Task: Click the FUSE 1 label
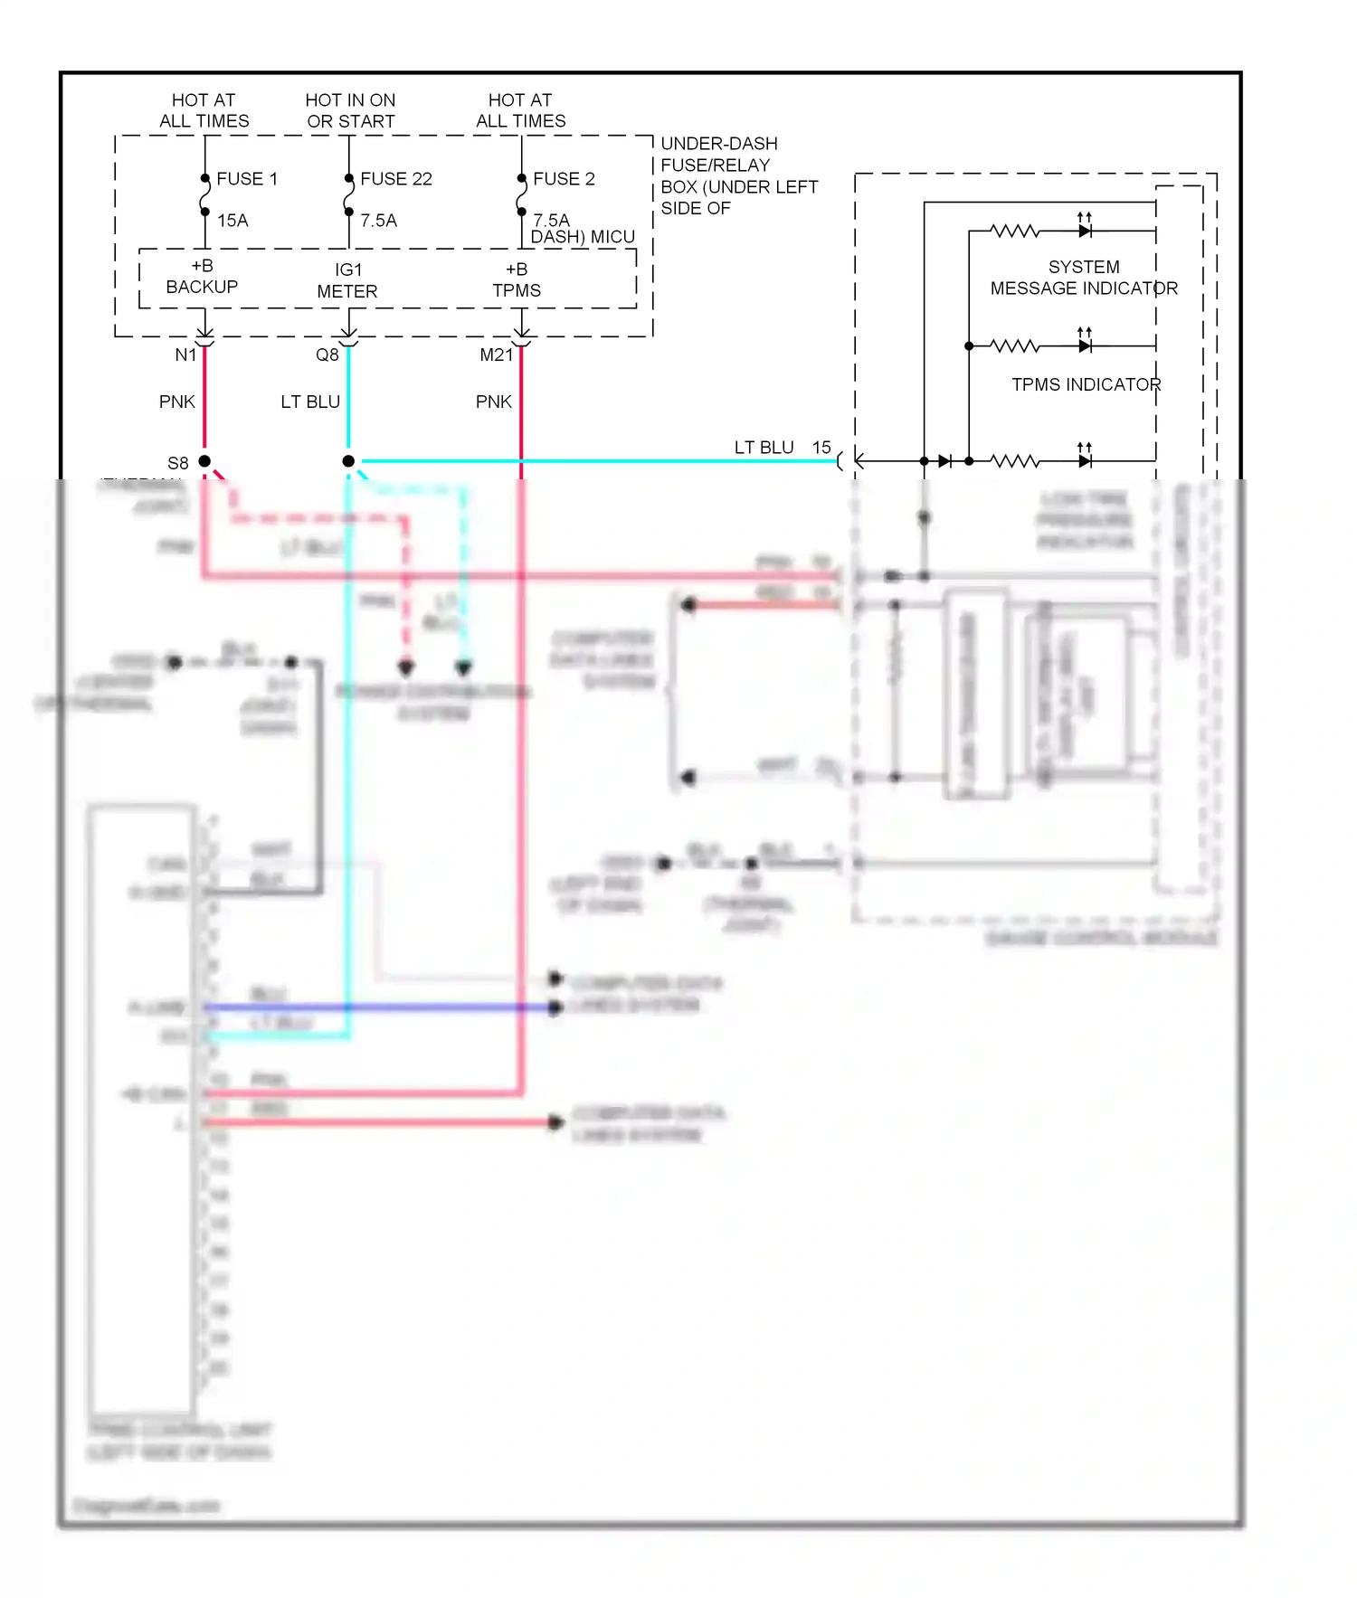246,179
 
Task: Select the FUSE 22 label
395,179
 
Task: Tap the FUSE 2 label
564,179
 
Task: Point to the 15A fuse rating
232,221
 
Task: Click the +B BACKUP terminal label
202,277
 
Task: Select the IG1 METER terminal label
347,280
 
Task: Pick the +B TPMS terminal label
517,279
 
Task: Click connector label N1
185,355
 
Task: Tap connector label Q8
327,355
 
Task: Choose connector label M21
496,355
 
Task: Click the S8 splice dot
204,461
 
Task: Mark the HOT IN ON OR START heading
350,110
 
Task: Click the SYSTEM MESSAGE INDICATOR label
1084,278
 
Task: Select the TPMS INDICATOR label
1086,384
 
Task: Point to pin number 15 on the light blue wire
821,448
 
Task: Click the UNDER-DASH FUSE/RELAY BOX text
738,176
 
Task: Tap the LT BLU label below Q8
310,402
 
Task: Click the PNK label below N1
177,402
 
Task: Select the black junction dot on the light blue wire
348,461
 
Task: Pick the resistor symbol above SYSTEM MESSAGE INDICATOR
1015,232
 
